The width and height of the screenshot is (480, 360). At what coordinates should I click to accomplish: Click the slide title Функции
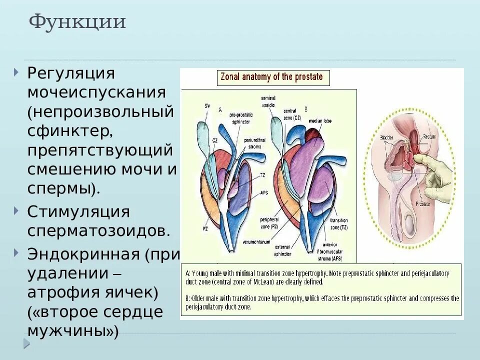click(77, 22)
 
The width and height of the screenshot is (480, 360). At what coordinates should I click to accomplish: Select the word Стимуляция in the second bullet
click(78, 211)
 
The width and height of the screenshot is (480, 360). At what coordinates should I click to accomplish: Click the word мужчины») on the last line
click(73, 330)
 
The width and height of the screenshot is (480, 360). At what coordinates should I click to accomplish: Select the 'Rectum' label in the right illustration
click(429, 135)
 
